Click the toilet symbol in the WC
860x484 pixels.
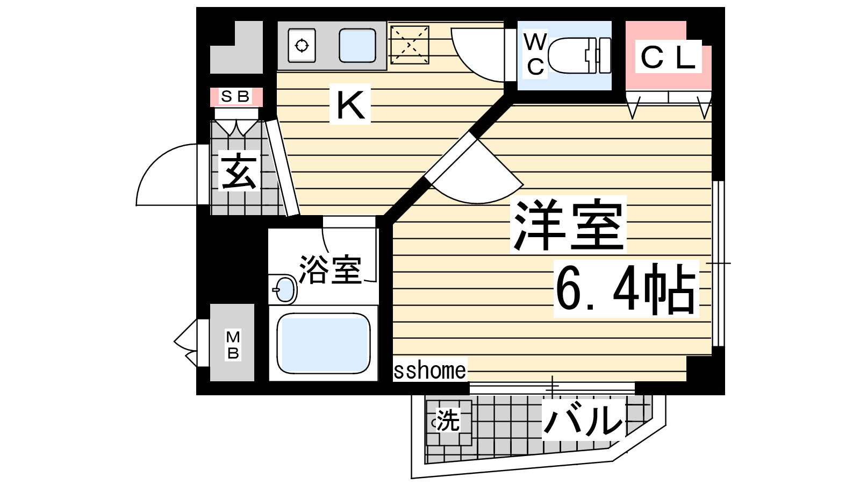(579, 55)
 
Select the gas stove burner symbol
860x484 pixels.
(302, 46)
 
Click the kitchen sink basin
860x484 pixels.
(357, 45)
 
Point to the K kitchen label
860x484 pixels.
(350, 104)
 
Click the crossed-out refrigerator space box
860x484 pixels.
(410, 45)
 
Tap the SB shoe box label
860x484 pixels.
(235, 96)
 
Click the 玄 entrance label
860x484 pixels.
(238, 171)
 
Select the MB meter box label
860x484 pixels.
(233, 345)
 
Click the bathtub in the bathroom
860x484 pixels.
(323, 344)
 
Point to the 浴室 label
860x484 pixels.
(330, 269)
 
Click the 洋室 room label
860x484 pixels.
(568, 224)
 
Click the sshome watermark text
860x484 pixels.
(429, 370)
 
